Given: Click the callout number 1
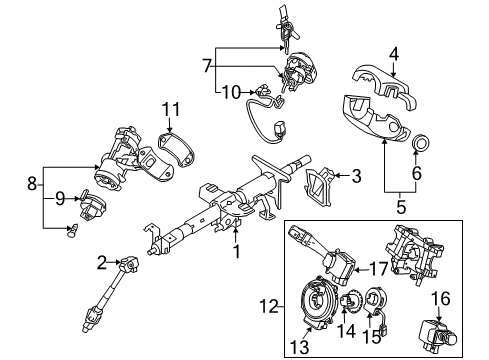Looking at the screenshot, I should [236, 252].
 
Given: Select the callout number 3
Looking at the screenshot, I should [355, 177].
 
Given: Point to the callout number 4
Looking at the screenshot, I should [394, 55].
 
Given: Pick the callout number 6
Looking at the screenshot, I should [417, 173].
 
